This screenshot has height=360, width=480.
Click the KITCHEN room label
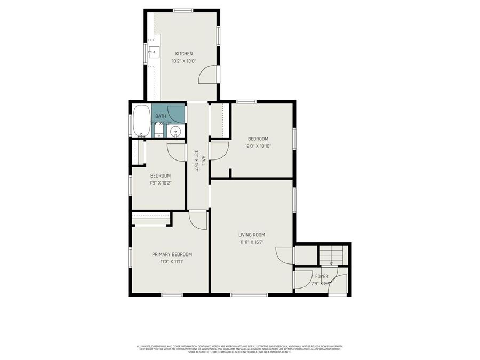184,54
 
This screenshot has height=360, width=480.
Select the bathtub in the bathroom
141,121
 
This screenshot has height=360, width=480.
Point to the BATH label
161,116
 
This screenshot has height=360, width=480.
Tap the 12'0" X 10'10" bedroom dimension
258,146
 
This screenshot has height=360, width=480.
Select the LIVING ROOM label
252,235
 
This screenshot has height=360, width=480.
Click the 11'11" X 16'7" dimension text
252,243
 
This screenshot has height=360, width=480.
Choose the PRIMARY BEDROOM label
172,254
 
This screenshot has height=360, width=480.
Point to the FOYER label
322,276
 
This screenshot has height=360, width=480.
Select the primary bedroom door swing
198,221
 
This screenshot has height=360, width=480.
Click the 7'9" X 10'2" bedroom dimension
161,183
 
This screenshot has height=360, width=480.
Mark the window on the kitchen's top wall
182,10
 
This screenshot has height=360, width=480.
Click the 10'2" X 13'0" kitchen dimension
184,61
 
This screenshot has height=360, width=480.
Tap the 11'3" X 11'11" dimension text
172,262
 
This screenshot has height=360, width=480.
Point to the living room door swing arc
284,255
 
